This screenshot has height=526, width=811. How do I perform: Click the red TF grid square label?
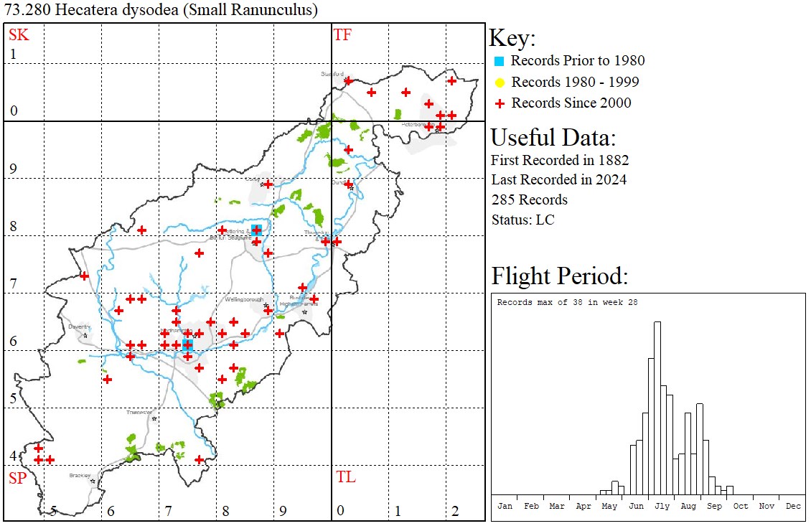click(x=342, y=34)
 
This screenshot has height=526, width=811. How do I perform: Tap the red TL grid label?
click(x=345, y=477)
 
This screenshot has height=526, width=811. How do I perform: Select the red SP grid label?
click(x=17, y=478)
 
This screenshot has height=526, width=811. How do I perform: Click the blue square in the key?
click(x=500, y=61)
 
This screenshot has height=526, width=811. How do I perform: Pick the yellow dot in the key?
click(x=500, y=82)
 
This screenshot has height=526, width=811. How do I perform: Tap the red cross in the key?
click(x=500, y=103)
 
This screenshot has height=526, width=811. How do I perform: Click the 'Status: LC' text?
click(x=522, y=220)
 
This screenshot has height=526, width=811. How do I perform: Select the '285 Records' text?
click(x=530, y=199)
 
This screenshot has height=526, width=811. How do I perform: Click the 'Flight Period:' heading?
click(x=559, y=276)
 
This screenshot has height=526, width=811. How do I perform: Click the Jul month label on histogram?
click(x=662, y=506)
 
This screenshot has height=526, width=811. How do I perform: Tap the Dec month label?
click(x=792, y=506)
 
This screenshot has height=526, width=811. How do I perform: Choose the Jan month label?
click(x=505, y=506)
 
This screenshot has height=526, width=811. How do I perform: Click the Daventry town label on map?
click(x=78, y=326)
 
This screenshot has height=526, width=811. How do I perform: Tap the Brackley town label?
click(x=80, y=475)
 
